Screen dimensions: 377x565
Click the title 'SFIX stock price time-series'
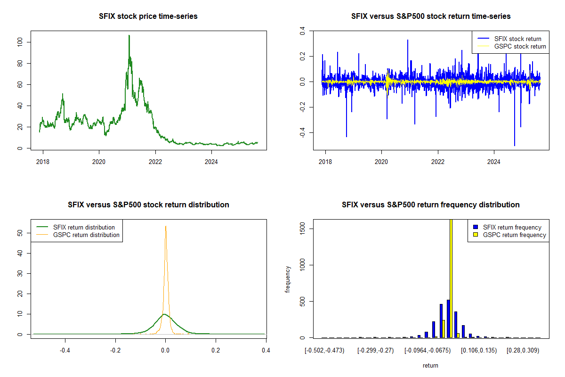click(x=148, y=16)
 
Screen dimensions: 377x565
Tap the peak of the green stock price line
click(x=129, y=36)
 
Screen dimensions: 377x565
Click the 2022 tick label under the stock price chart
click(x=155, y=160)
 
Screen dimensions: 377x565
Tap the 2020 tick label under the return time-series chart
click(x=381, y=160)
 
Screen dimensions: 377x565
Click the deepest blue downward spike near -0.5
click(x=515, y=145)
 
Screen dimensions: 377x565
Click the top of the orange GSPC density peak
click(x=166, y=226)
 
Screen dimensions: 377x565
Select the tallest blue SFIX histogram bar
click(x=448, y=319)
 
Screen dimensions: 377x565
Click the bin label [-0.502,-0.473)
click(x=325, y=350)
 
